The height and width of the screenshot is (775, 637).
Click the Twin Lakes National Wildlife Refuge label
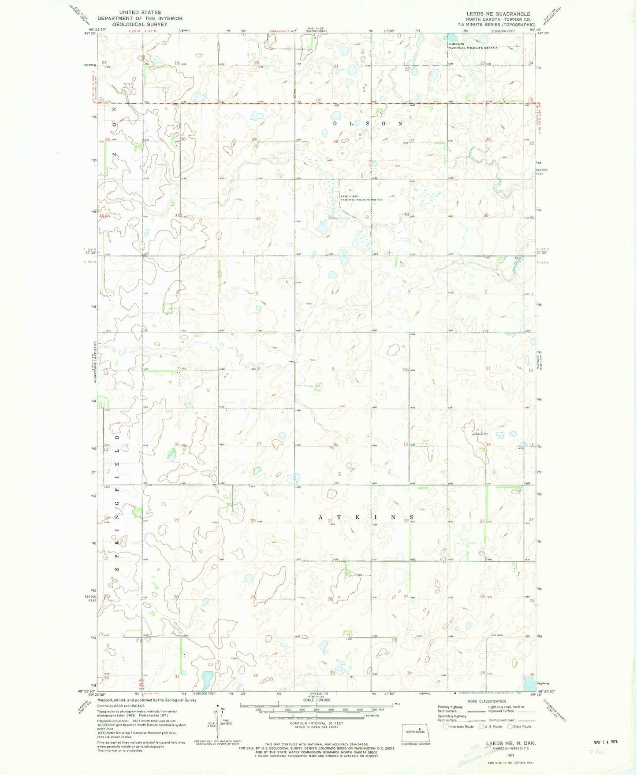361,198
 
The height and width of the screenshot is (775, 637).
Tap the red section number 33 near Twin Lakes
330,217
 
